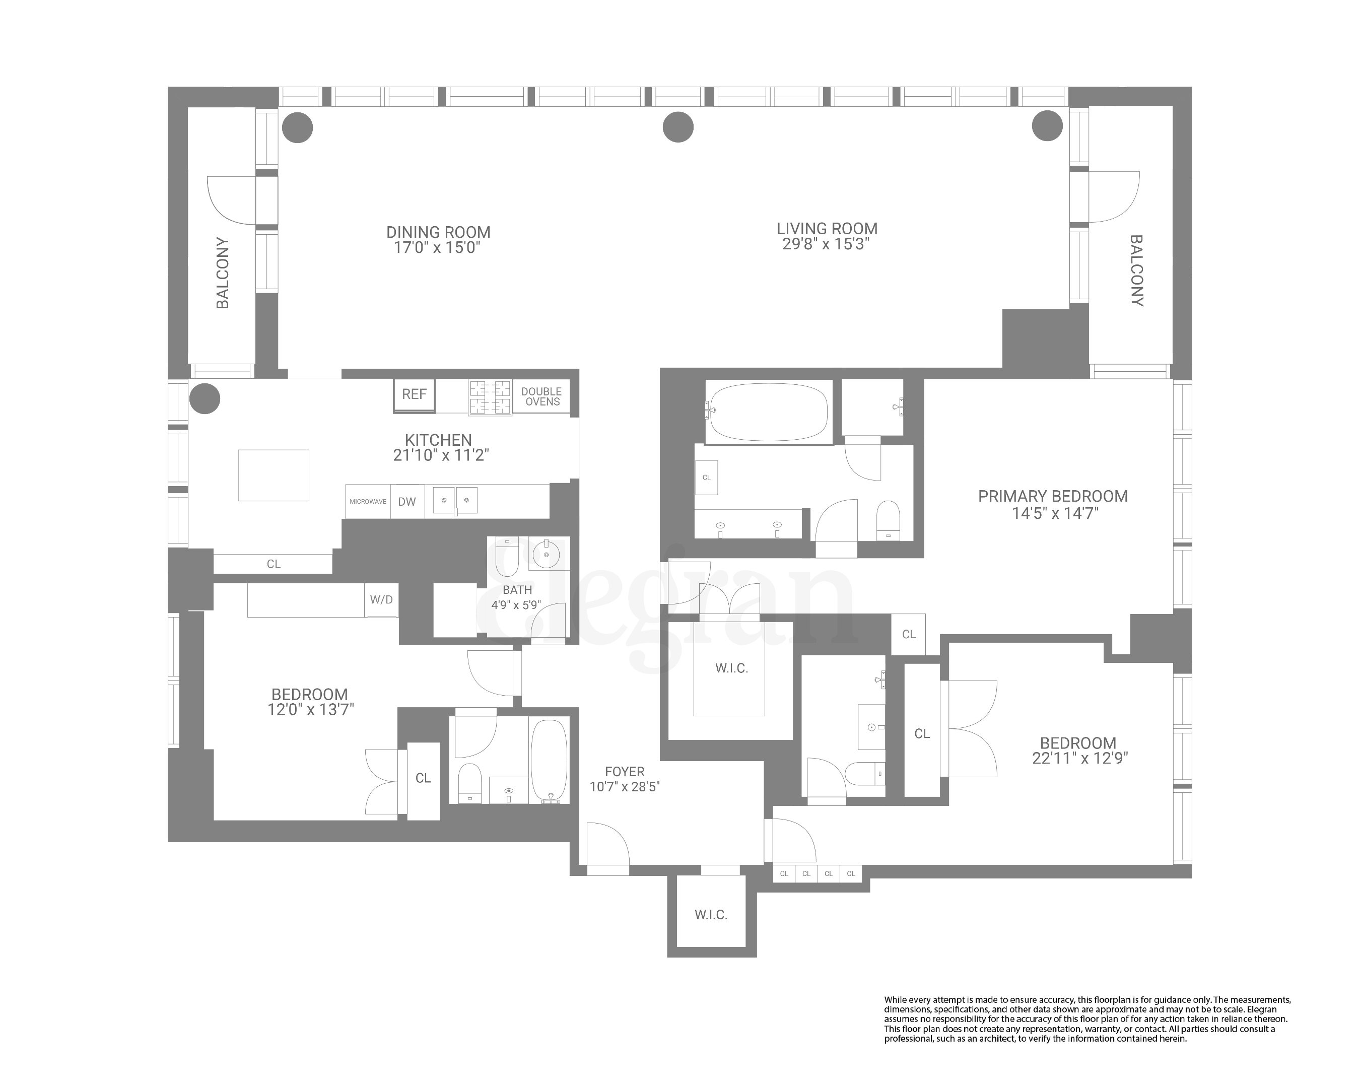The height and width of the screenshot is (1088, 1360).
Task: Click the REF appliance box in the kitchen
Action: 414,394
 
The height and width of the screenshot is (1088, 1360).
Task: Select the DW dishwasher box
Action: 407,501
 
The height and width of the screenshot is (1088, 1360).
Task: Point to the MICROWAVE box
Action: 368,501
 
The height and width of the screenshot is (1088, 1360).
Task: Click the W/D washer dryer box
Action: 381,599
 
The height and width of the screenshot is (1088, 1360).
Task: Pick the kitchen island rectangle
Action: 273,475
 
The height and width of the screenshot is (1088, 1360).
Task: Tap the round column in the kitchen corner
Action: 205,398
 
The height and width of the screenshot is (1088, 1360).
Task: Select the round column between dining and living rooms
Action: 678,127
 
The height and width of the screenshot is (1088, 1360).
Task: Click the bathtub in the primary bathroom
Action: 768,411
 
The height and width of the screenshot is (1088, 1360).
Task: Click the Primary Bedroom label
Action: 1052,496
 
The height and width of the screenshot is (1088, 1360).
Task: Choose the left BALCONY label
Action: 223,273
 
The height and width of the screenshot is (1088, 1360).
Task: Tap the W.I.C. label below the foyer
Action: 711,915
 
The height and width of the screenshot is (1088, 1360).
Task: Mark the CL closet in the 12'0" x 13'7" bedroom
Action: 423,778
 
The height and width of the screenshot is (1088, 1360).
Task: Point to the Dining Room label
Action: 438,232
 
